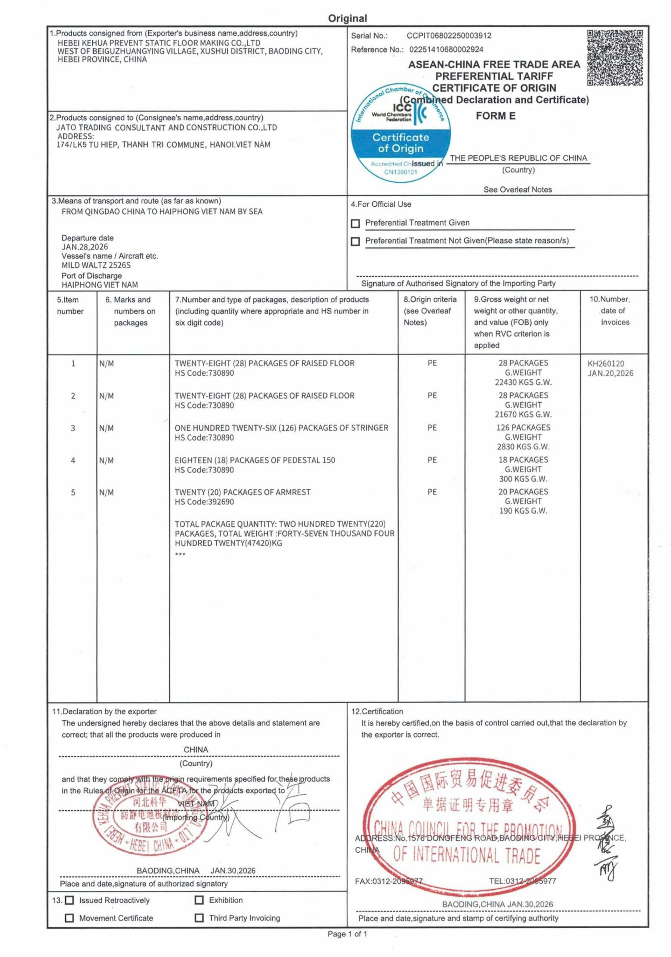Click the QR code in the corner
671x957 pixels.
pyautogui.click(x=615, y=58)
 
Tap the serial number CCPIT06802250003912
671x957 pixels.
pyautogui.click(x=449, y=36)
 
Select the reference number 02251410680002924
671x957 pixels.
pyautogui.click(x=446, y=50)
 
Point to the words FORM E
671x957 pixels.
pyautogui.click(x=495, y=116)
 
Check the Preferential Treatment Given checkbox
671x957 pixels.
pyautogui.click(x=355, y=224)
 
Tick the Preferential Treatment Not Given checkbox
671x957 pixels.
pyautogui.click(x=355, y=242)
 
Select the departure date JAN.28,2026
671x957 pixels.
pyautogui.click(x=84, y=247)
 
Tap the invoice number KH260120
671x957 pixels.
pyautogui.click(x=606, y=363)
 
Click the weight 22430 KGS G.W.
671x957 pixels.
pyautogui.click(x=523, y=382)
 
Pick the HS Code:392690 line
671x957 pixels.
pyautogui.click(x=204, y=502)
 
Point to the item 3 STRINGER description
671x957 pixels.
pyautogui.click(x=281, y=428)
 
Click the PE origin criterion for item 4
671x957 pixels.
pyautogui.click(x=432, y=460)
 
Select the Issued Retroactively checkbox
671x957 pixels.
pyautogui.click(x=69, y=900)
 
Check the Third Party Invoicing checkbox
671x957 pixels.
pyautogui.click(x=199, y=918)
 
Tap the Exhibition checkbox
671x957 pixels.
pyautogui.click(x=199, y=900)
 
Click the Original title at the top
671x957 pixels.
pyautogui.click(x=347, y=18)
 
